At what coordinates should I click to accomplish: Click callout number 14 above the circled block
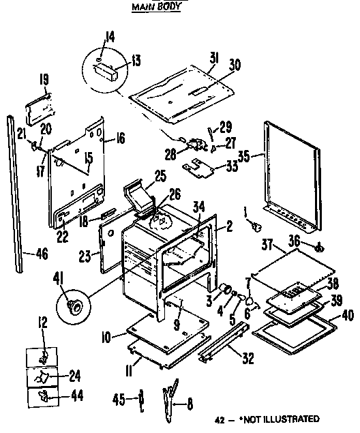(x=110, y=37)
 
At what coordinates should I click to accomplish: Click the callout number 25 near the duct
(x=160, y=176)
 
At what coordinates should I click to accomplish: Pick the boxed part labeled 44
(x=42, y=396)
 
